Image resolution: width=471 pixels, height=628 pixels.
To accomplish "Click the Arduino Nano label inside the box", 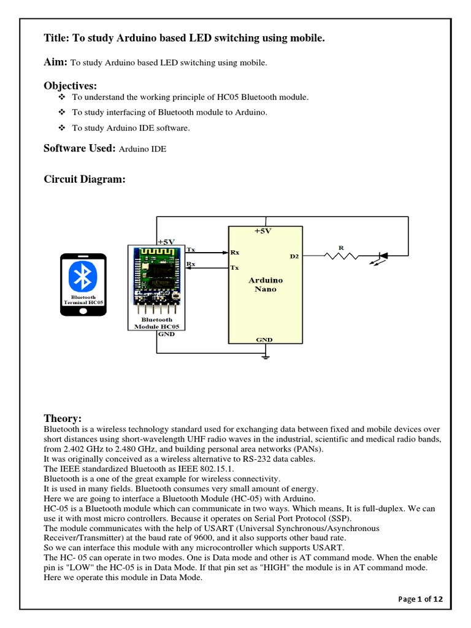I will click(265, 285).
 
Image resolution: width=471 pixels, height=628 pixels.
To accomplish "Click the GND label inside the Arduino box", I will click(265, 339).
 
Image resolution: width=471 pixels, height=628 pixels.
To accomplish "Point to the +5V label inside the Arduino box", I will click(265, 231).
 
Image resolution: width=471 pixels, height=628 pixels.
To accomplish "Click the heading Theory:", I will click(63, 418).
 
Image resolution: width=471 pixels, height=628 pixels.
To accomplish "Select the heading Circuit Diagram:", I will click(85, 179).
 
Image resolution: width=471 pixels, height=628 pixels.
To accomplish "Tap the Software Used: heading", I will click(80, 148).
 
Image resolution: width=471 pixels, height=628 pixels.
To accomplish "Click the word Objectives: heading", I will click(71, 85).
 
